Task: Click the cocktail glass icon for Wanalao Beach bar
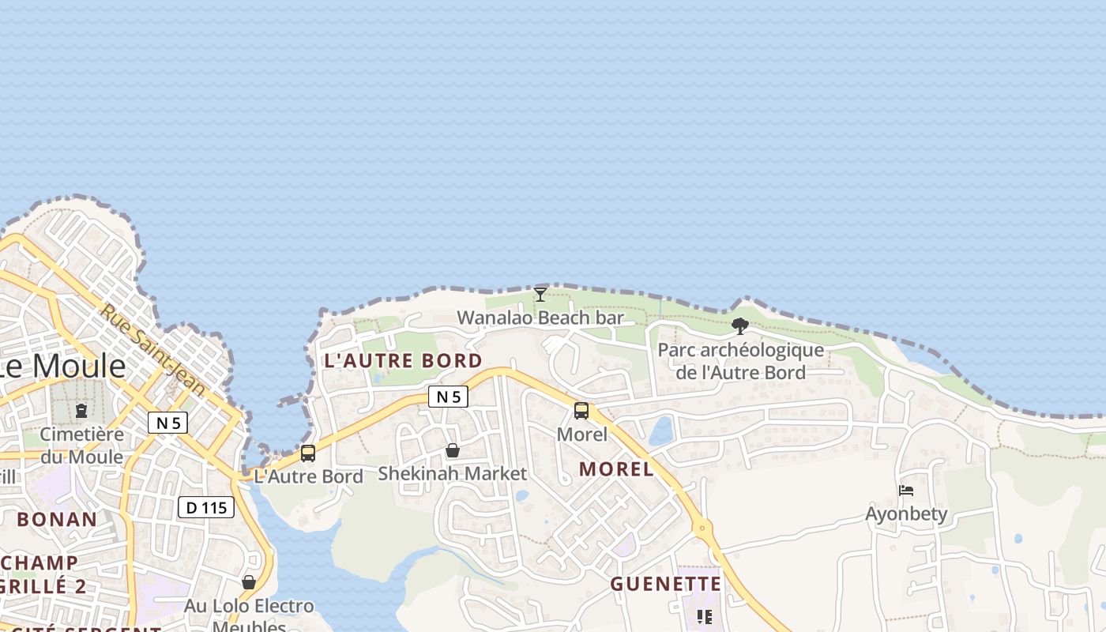540,295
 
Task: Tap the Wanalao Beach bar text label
540,318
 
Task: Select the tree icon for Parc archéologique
740,325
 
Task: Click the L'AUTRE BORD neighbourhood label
403,361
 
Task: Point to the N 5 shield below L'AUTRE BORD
448,397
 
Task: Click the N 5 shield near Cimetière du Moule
167,423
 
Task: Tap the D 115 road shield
206,507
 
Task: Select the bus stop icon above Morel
581,411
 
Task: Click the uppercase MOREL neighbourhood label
616,469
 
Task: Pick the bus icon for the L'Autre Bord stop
308,453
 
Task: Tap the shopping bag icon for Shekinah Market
453,450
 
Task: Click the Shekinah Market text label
452,474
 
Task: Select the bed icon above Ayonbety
906,491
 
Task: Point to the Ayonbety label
906,514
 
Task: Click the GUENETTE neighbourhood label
666,585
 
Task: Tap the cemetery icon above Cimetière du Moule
81,411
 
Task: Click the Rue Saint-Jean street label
152,351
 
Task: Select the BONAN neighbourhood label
57,520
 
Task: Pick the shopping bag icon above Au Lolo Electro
249,582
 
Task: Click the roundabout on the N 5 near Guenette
702,529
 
